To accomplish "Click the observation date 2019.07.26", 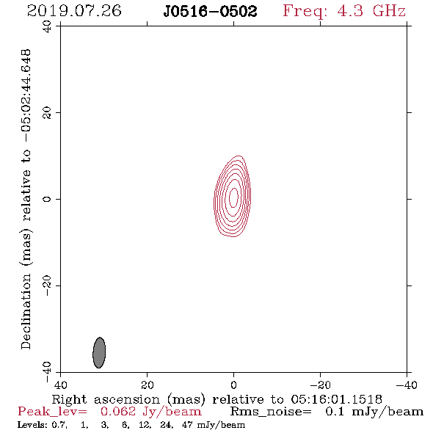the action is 74,11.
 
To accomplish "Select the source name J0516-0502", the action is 210,12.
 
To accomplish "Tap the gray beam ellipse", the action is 99,353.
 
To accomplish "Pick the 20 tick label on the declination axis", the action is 47,113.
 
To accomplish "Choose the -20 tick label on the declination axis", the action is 47,285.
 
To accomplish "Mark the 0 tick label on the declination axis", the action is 47,199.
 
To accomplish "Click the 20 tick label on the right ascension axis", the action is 148,385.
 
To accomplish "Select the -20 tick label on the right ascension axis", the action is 320,385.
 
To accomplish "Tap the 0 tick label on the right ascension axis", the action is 233,385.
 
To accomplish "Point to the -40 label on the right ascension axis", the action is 407,385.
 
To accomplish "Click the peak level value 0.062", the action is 118,412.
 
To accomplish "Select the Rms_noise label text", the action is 271,412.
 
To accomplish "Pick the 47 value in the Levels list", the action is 186,424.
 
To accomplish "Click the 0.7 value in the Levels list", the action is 59,424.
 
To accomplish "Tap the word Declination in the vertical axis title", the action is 26,311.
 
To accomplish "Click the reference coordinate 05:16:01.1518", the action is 336,399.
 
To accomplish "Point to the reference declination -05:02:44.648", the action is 26,96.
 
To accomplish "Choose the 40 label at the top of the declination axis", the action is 47,26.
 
